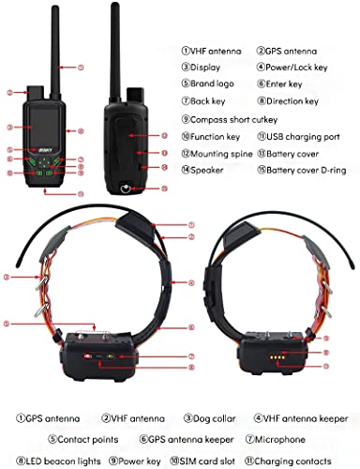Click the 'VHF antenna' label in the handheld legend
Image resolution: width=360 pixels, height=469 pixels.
click(x=216, y=51)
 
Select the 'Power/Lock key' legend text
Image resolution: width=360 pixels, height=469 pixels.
click(x=296, y=68)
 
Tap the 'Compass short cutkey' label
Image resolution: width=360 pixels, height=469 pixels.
click(x=233, y=119)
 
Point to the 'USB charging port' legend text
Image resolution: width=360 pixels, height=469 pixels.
click(x=303, y=137)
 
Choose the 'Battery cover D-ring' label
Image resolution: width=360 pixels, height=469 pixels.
click(x=307, y=170)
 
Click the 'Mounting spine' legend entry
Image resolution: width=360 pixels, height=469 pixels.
click(x=221, y=154)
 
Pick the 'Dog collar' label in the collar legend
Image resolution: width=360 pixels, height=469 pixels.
click(x=214, y=418)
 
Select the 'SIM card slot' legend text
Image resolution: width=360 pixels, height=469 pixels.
click(x=207, y=461)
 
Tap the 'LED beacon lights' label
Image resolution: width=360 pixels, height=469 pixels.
click(x=63, y=461)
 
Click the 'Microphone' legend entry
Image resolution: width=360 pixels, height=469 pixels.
click(x=280, y=439)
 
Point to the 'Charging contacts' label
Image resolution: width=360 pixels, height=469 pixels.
click(x=292, y=461)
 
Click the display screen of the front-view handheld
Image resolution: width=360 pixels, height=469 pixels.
click(x=44, y=126)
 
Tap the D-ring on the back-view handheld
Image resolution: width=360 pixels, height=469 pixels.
click(x=125, y=189)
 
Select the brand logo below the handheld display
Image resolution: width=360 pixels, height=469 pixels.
click(x=45, y=150)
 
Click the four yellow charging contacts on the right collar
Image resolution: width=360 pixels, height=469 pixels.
click(x=277, y=357)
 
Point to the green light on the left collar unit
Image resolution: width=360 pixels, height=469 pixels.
click(x=110, y=356)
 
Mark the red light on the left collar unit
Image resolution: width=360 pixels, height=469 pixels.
click(x=86, y=356)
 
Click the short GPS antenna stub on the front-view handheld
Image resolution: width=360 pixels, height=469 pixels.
click(x=37, y=93)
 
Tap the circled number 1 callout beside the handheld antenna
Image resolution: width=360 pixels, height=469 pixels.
click(x=81, y=68)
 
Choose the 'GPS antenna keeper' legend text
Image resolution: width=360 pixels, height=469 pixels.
click(x=190, y=439)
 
